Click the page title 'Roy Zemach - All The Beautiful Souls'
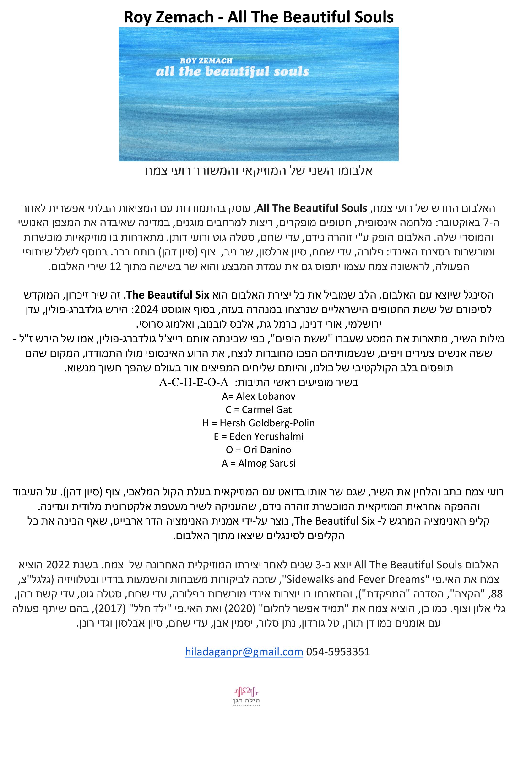coord(258,17)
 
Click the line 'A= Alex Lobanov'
coord(258,396)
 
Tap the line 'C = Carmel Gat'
coord(258,410)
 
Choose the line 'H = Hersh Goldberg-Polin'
coord(258,423)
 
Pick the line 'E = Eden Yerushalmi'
coord(258,437)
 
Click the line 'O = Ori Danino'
coord(258,450)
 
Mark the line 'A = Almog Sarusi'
coord(258,463)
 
